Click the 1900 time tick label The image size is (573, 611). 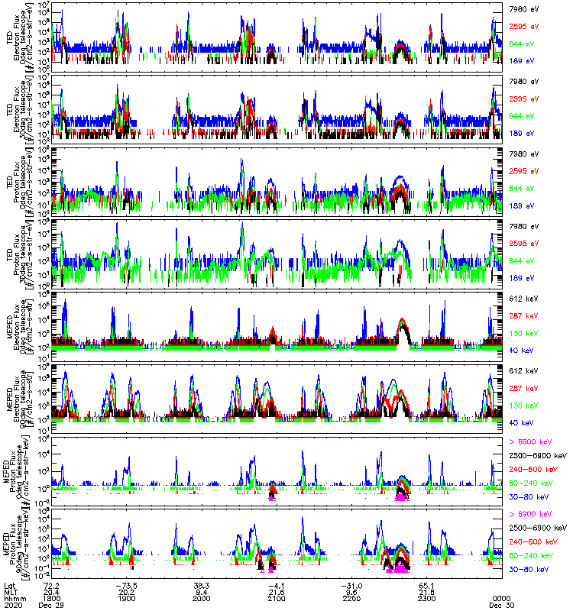[x=127, y=598]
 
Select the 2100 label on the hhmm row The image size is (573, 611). [x=276, y=598]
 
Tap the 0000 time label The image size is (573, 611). [x=501, y=598]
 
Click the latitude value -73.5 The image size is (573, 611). [x=127, y=584]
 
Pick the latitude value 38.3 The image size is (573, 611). [x=201, y=584]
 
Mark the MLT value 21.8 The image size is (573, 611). [x=426, y=591]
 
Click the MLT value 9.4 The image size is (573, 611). [x=201, y=591]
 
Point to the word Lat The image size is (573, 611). [x=8, y=584]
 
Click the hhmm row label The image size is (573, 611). [x=12, y=598]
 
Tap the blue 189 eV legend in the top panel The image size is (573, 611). [x=522, y=60]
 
